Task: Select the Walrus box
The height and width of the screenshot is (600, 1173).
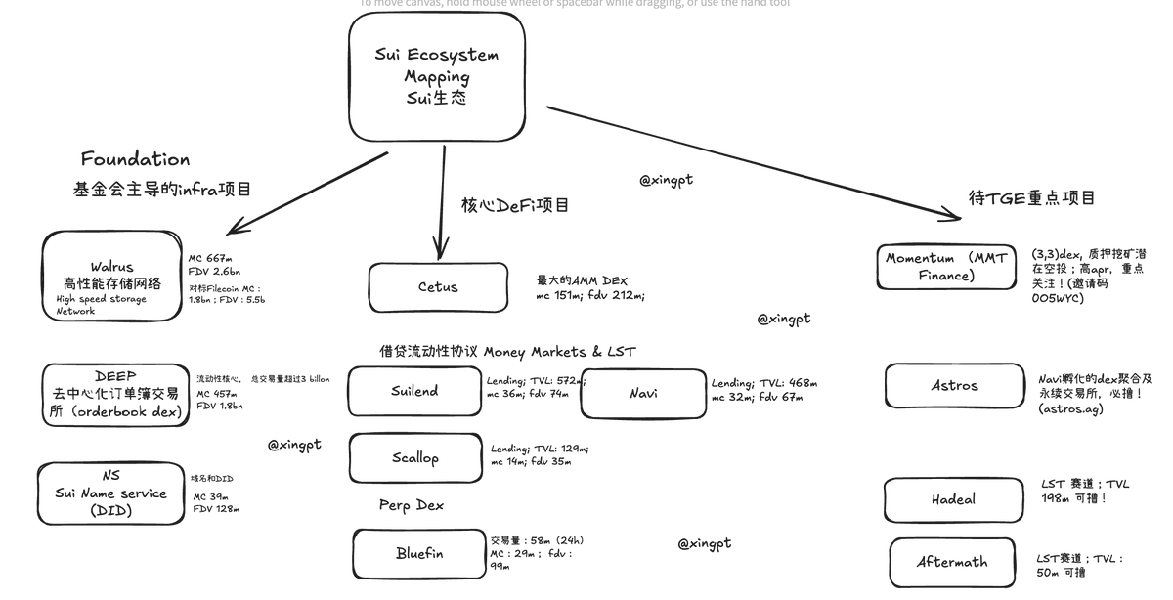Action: coord(111,276)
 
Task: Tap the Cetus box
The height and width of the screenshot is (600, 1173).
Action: coord(438,287)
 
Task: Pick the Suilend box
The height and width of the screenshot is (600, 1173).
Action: coord(414,391)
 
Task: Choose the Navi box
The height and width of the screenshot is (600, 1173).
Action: coord(643,393)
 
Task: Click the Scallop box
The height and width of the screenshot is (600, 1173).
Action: coord(414,457)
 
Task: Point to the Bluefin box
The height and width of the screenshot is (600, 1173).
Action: coord(419,553)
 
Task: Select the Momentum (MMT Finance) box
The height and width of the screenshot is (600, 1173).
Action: coord(946,267)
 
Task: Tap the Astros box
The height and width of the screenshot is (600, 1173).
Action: coord(954,385)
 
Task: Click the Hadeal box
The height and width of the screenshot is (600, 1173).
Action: coord(953,499)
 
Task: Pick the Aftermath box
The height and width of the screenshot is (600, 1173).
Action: coord(952,562)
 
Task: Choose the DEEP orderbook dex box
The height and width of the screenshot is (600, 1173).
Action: coord(114,394)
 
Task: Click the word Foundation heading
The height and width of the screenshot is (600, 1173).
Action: coord(135,159)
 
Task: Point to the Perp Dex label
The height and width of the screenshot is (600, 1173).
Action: coord(411,505)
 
